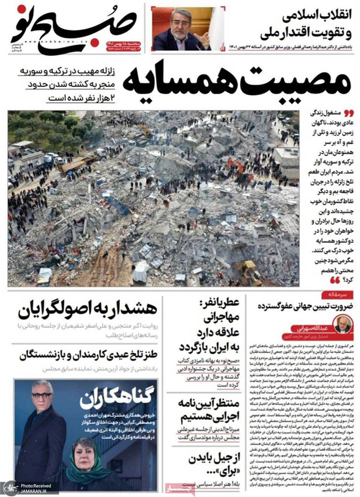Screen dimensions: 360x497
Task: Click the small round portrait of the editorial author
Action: (x=342, y=324)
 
